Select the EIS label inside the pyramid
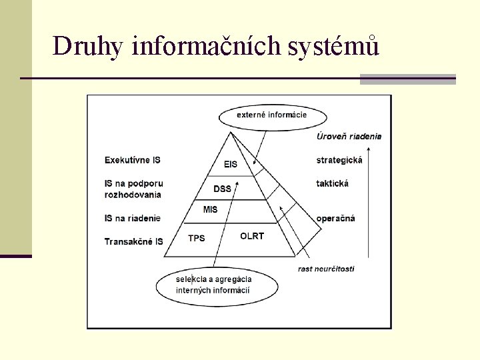[x=230, y=164]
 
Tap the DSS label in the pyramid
[x=222, y=189]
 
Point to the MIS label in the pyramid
[x=211, y=210]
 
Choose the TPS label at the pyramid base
[x=197, y=238]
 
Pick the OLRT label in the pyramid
[x=252, y=236]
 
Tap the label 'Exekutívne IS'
[x=132, y=160]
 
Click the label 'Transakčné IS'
[x=133, y=241]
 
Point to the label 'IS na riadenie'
[x=132, y=218]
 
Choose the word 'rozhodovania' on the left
[x=133, y=195]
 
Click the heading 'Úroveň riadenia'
[x=349, y=137]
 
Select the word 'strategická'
[x=339, y=160]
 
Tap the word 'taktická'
[x=332, y=183]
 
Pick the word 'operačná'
[x=335, y=218]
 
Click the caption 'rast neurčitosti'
[x=326, y=269]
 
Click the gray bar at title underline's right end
[x=407, y=79]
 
